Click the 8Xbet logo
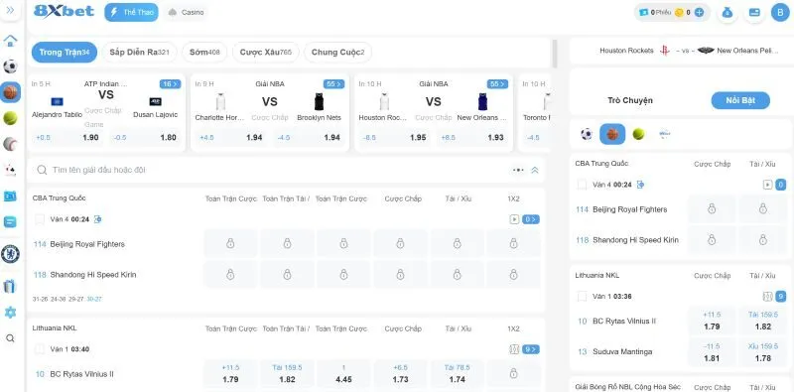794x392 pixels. (x=65, y=12)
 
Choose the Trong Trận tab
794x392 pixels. (x=64, y=52)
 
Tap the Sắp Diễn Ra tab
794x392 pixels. (x=139, y=52)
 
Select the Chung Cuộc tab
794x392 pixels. (x=337, y=52)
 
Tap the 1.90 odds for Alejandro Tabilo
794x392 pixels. (x=89, y=138)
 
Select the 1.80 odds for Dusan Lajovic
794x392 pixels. (x=168, y=138)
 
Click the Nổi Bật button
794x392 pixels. (x=740, y=100)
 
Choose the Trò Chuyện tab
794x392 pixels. (x=629, y=100)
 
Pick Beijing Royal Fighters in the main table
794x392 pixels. (x=86, y=243)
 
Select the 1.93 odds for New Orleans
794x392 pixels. (x=495, y=138)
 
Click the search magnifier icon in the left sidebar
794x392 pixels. (x=10, y=338)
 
